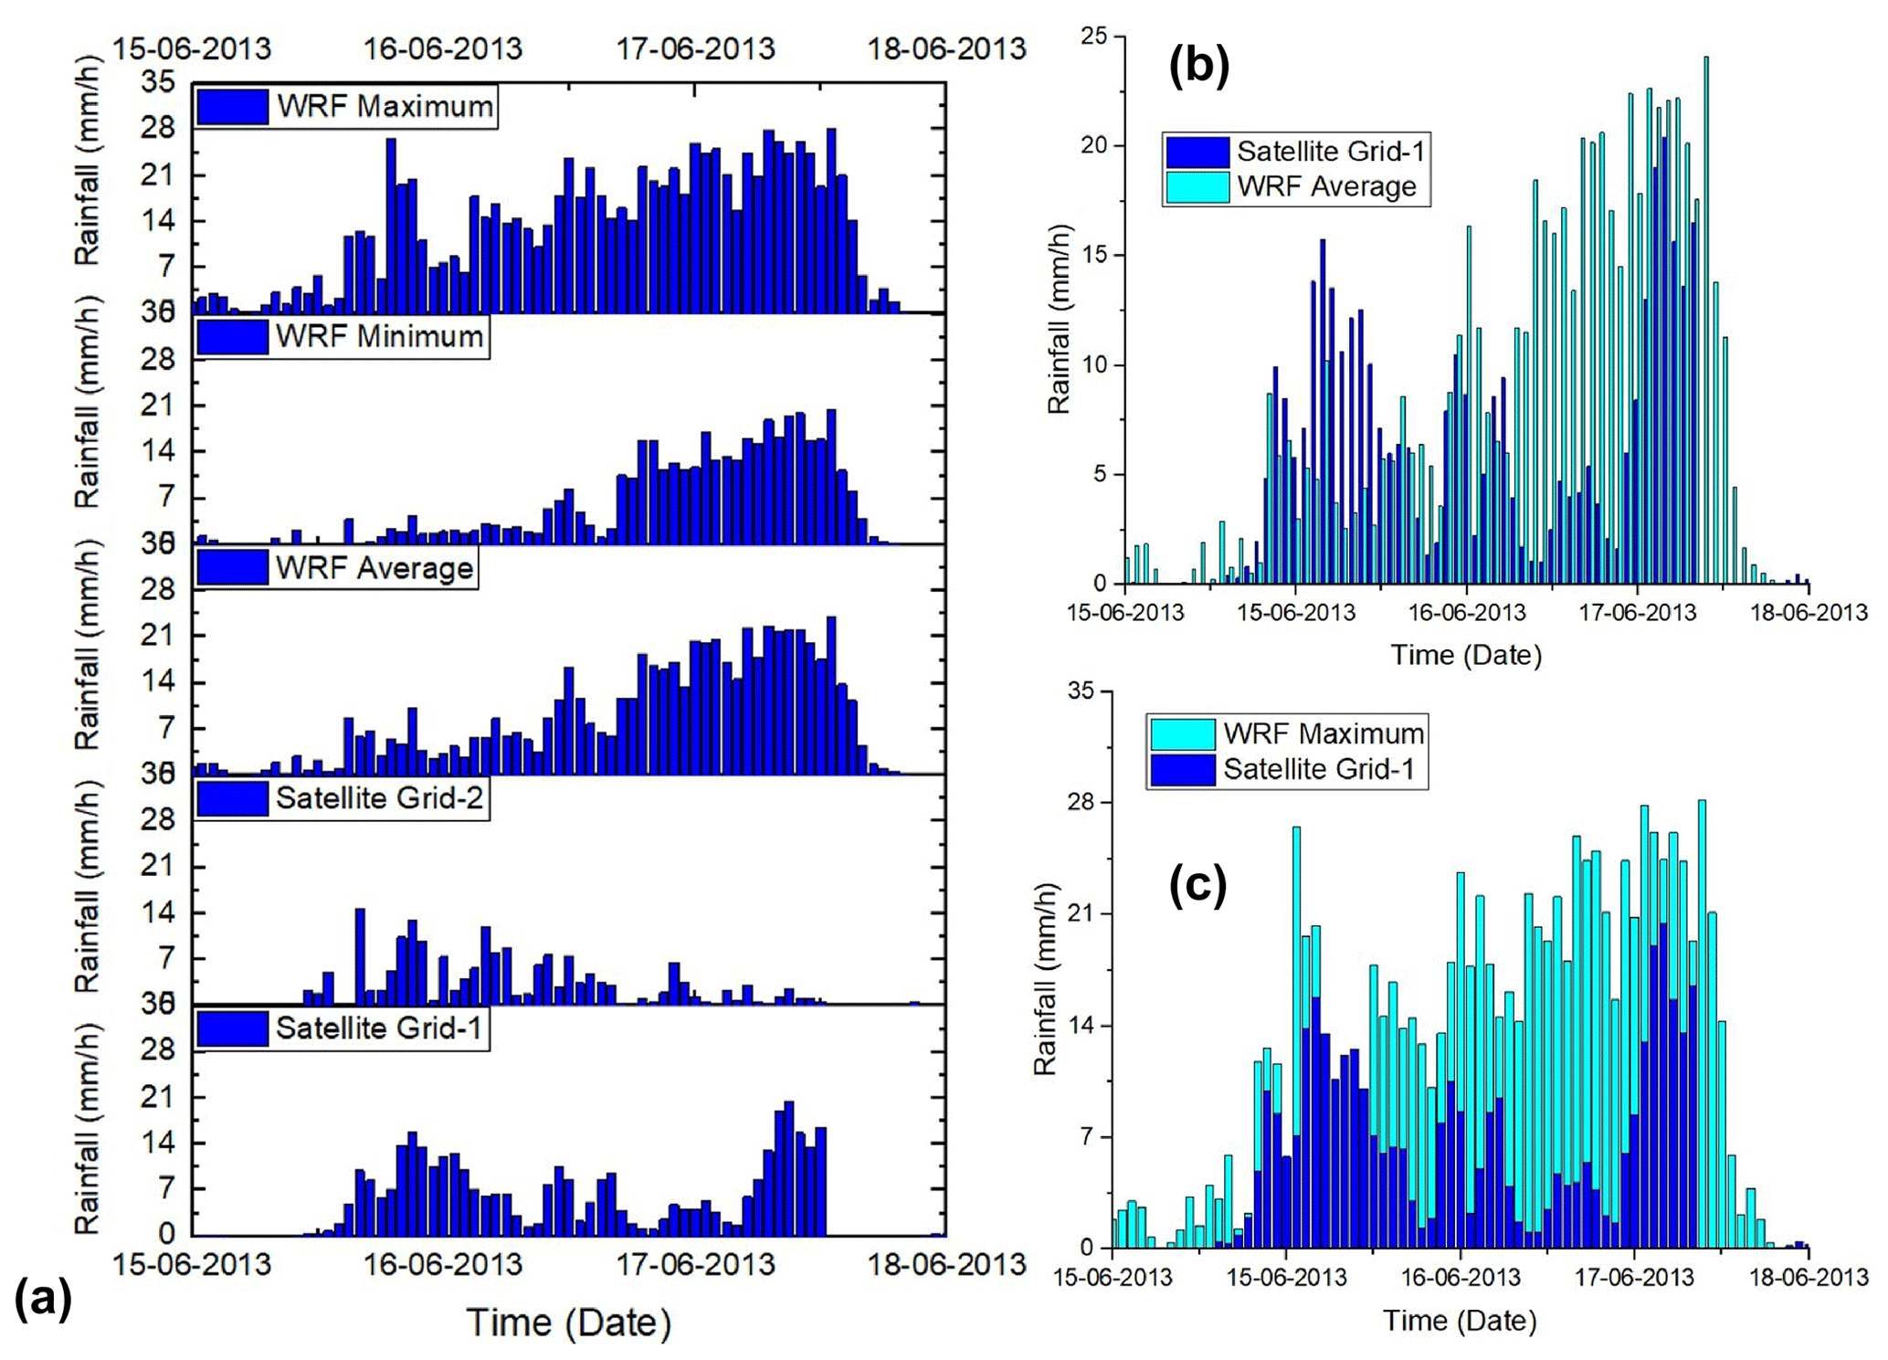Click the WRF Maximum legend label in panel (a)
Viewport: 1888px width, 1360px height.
tap(385, 106)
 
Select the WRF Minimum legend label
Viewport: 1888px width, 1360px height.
tap(379, 336)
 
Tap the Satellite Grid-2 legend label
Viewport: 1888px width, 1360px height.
tap(379, 798)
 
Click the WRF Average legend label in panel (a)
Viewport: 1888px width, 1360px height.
tap(374, 568)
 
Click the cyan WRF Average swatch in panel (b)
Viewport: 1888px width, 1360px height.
tap(1197, 187)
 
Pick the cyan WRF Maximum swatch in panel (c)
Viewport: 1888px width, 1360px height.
tap(1183, 733)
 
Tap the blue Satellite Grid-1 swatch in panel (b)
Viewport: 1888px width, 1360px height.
tap(1197, 152)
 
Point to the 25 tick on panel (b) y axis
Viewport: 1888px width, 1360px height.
tap(1093, 37)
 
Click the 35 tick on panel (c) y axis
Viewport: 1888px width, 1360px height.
tap(1081, 691)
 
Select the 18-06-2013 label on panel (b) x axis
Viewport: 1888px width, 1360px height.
tap(1809, 612)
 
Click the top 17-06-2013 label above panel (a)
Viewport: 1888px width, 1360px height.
tap(695, 47)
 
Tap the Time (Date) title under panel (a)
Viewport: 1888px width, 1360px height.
tap(568, 1322)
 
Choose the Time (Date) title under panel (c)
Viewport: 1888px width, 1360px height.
tap(1460, 1320)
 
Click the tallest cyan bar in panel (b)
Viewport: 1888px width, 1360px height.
tap(1705, 320)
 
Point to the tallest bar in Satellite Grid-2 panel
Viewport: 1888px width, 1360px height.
tap(360, 955)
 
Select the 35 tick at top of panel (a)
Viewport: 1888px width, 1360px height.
tap(157, 82)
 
